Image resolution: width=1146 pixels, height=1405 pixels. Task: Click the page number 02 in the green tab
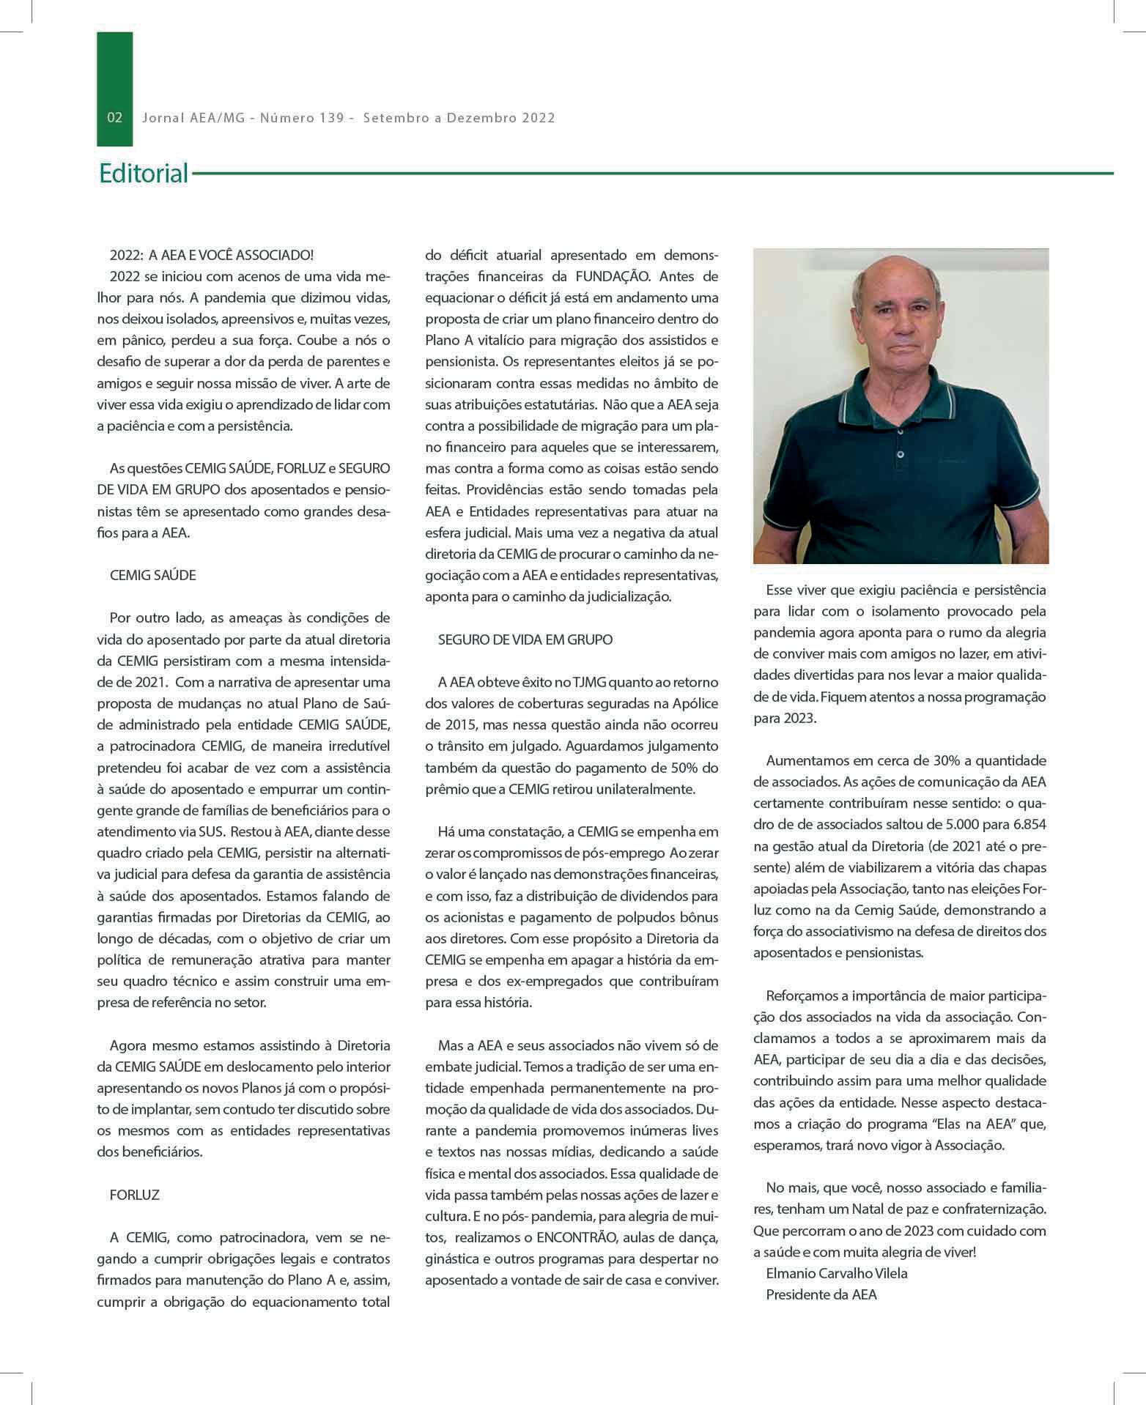pos(115,118)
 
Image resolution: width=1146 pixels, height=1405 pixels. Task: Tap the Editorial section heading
pos(144,174)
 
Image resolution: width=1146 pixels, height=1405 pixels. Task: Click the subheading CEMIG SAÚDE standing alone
pos(152,576)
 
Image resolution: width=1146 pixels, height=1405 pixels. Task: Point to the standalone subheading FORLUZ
pos(134,1195)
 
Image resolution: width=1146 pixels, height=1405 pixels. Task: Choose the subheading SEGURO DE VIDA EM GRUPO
pos(525,640)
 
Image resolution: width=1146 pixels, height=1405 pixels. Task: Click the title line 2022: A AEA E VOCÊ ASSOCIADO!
pos(211,256)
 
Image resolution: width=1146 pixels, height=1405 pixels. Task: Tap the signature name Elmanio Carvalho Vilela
pos(836,1273)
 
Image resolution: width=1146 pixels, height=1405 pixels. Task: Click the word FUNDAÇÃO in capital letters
pos(613,277)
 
